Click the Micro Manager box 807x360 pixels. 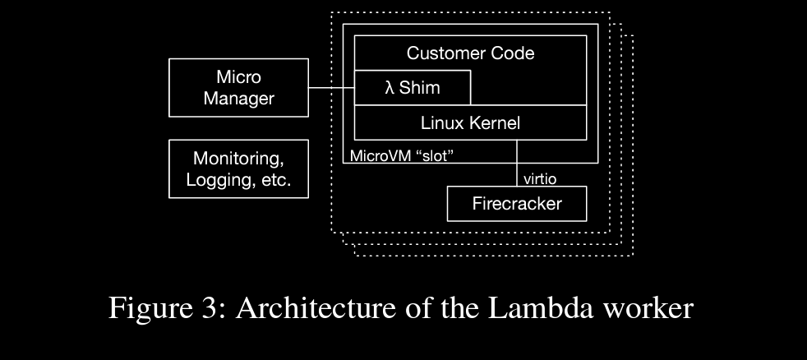pyautogui.click(x=238, y=87)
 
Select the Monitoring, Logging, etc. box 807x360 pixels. pyautogui.click(x=238, y=168)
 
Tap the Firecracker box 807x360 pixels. pyautogui.click(x=517, y=204)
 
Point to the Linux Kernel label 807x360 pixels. pyautogui.click(x=470, y=123)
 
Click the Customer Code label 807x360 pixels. pyautogui.click(x=470, y=53)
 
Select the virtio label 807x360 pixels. pyautogui.click(x=540, y=178)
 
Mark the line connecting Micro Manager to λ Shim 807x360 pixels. pyautogui.click(x=331, y=88)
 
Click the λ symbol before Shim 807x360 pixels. pyautogui.click(x=390, y=88)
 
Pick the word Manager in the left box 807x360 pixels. pyautogui.click(x=238, y=99)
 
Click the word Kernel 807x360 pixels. pyautogui.click(x=496, y=123)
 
